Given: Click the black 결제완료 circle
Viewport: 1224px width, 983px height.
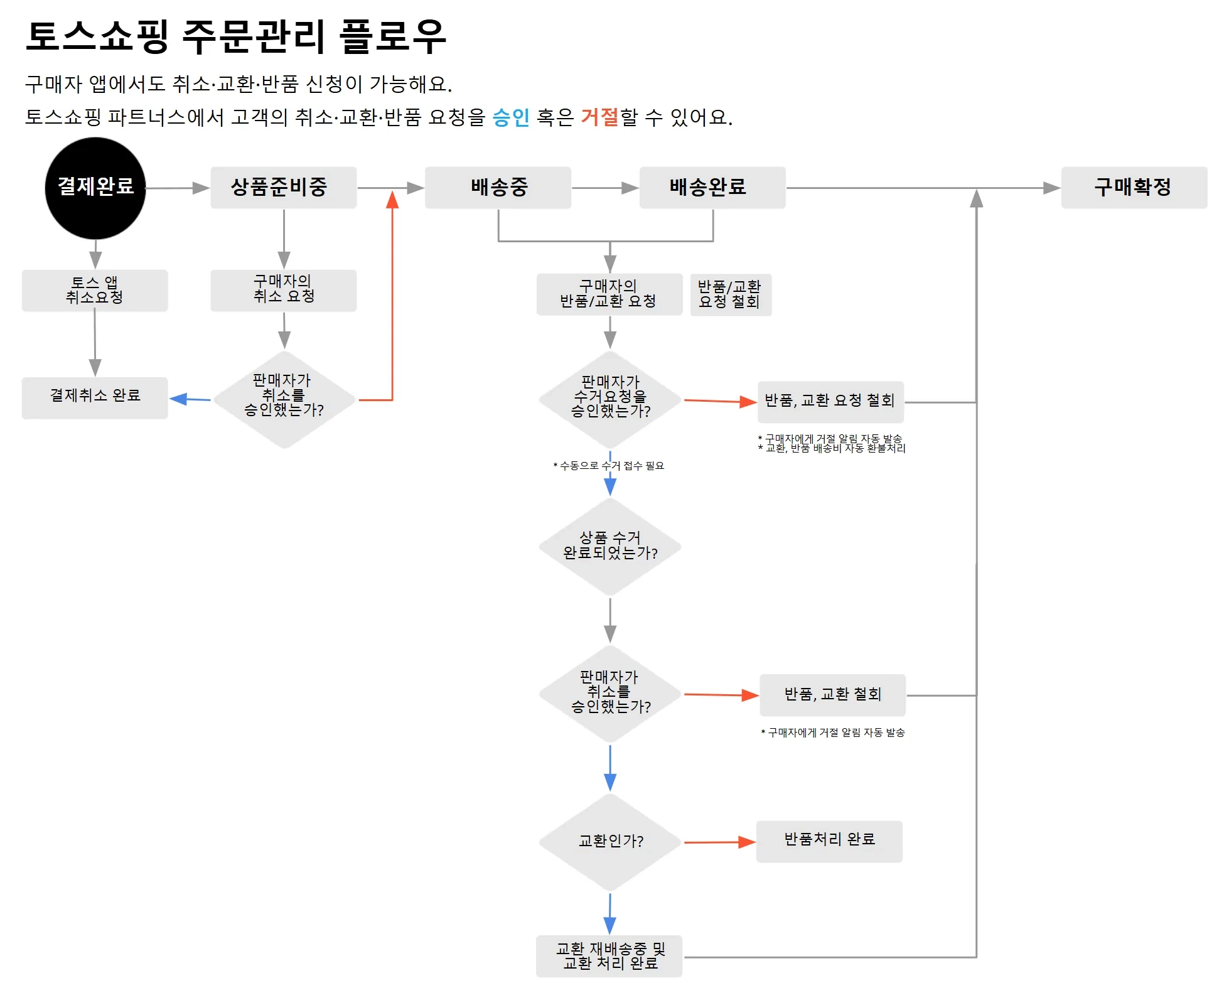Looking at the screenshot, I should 95,188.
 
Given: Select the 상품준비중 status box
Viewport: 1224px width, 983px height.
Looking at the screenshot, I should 283,187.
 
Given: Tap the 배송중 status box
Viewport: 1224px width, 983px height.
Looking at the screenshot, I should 498,187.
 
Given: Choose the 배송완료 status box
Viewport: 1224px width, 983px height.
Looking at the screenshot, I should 712,187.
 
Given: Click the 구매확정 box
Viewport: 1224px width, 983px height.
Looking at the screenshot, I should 1134,187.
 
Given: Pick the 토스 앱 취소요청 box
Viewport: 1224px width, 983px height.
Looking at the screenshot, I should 95,290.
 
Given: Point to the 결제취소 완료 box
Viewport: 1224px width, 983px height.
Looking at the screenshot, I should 95,397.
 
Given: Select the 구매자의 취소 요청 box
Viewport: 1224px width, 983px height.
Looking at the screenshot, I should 283,290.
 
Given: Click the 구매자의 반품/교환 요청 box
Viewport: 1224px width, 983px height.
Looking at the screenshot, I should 609,294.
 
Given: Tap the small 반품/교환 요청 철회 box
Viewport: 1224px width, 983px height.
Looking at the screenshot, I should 730,294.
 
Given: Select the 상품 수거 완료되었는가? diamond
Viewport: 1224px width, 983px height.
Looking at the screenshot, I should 610,546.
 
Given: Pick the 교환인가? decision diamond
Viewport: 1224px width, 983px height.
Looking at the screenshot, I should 610,841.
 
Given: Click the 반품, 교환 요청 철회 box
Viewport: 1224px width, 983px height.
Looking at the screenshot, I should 830,401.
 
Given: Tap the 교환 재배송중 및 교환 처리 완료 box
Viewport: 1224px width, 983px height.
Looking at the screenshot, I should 609,956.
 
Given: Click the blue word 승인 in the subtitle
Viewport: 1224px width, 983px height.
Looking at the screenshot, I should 511,117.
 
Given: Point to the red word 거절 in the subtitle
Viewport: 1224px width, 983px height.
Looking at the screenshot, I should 599,117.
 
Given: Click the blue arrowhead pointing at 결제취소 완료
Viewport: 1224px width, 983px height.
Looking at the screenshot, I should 179,399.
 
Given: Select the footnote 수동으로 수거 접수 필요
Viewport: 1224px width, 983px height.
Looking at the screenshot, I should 609,466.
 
